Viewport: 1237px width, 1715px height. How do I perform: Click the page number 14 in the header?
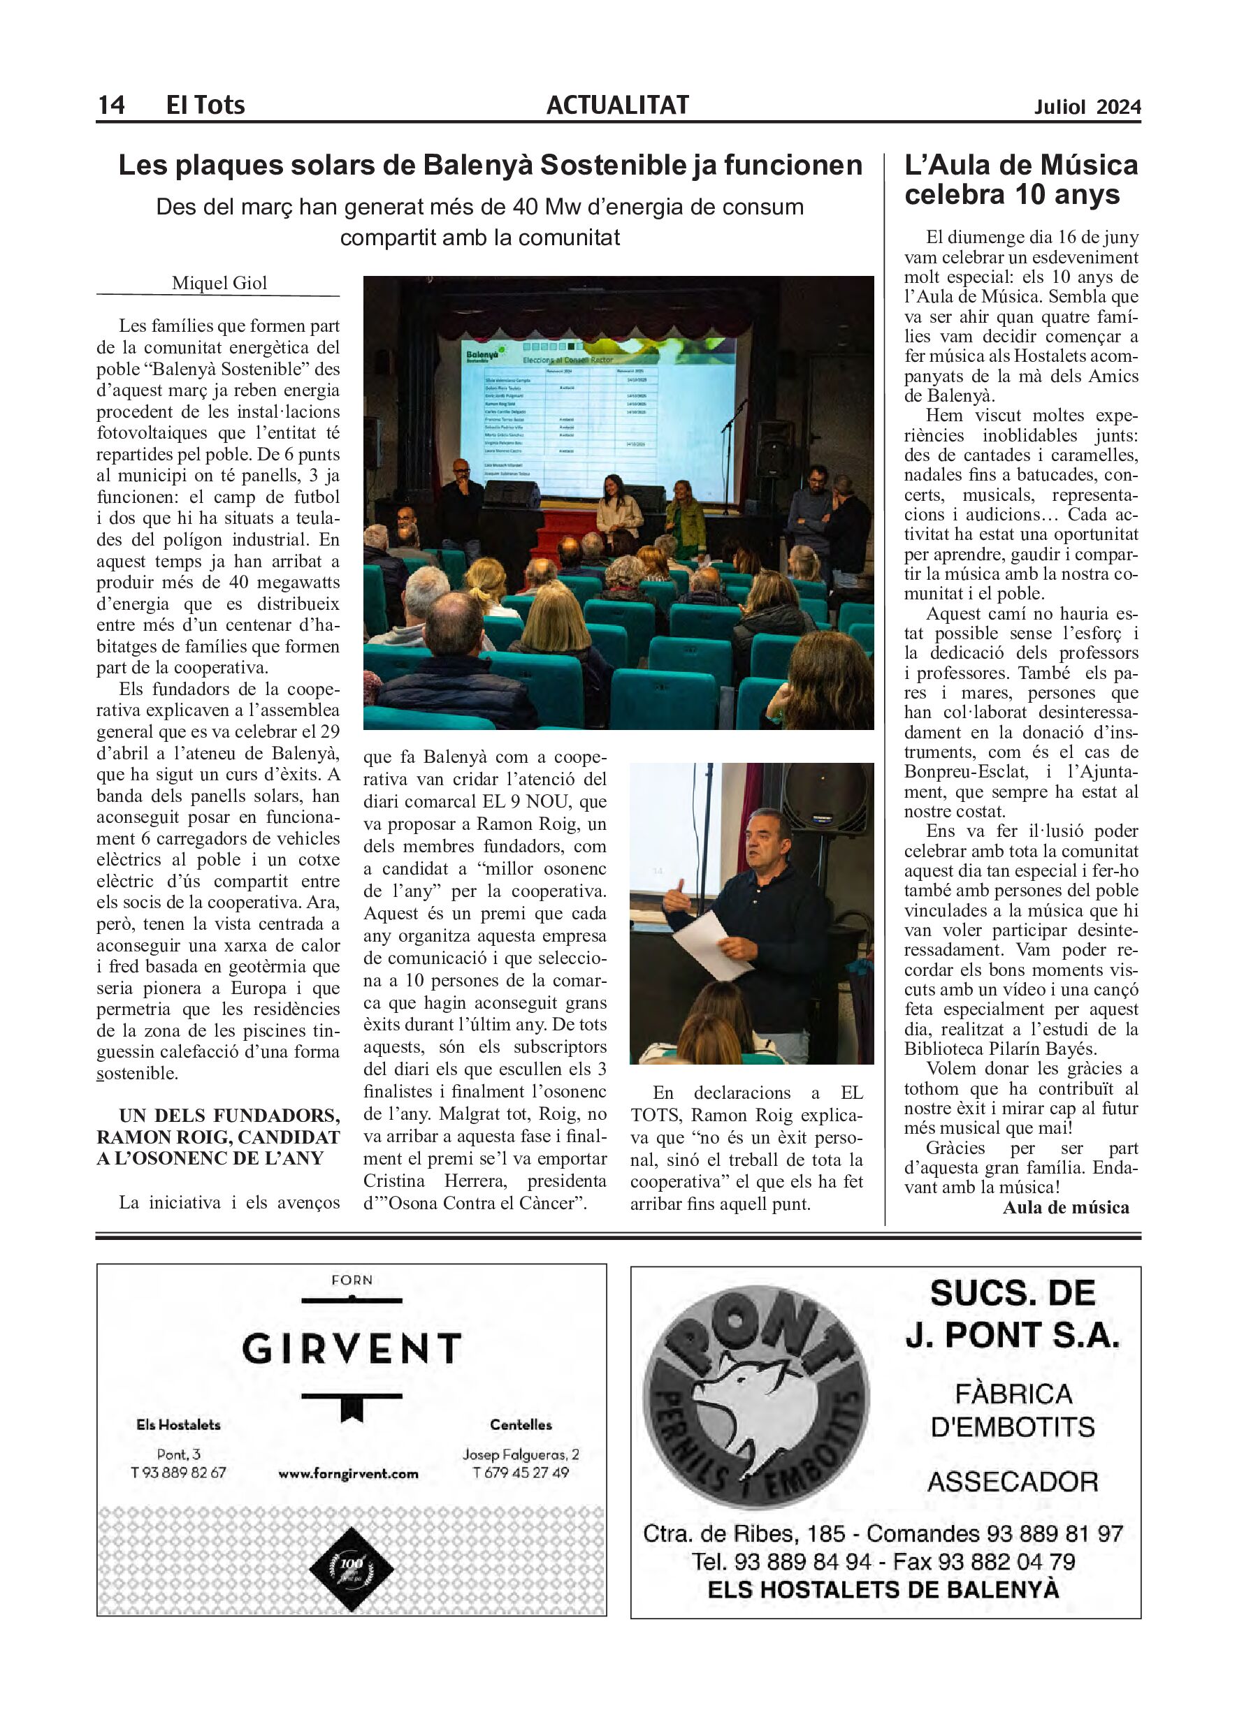tap(111, 104)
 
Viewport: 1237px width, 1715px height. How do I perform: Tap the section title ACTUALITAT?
tap(617, 104)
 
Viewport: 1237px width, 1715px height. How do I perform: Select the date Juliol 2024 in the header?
tap(1087, 108)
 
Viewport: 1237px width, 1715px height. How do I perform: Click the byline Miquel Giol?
tap(219, 283)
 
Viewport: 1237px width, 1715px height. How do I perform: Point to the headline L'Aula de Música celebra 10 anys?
tap(1020, 180)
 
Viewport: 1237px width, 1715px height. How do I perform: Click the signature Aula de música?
tap(1065, 1208)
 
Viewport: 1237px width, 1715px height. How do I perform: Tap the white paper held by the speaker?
tap(707, 944)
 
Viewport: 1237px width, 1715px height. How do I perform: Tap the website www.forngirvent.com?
tap(348, 1473)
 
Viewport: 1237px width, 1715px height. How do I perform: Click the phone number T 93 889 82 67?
tap(178, 1473)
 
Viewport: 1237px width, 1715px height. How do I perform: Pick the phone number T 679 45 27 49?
tap(521, 1473)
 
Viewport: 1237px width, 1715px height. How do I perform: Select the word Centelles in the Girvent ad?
tap(521, 1424)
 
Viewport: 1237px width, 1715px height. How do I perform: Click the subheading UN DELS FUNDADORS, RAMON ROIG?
tap(218, 1137)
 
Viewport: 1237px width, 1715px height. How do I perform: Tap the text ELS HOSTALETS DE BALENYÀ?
tap(883, 1589)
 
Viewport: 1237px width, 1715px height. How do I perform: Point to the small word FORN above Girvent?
tap(352, 1280)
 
